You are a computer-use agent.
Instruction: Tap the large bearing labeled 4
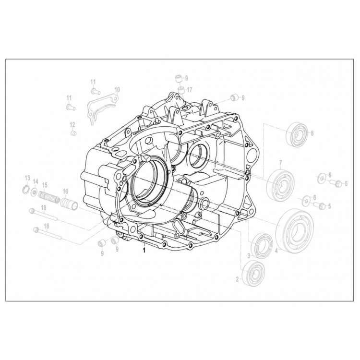coord(294,231)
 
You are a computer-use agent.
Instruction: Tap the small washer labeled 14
coord(35,192)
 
